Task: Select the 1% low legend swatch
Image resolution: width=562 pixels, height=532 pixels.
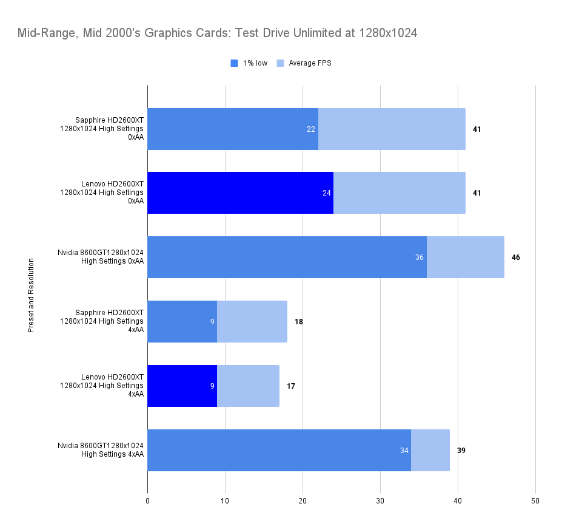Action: pos(235,63)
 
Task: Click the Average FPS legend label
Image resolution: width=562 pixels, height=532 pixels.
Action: pos(310,63)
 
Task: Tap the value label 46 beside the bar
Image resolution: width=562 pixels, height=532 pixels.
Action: pos(515,257)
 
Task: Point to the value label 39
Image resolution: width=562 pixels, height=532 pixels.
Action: pos(461,451)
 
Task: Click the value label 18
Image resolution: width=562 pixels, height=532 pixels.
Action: pos(299,322)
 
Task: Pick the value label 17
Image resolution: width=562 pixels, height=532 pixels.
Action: pos(291,386)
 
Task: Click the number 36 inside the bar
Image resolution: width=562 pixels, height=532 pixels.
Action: pos(420,257)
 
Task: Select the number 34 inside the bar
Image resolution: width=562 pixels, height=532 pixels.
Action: pos(404,451)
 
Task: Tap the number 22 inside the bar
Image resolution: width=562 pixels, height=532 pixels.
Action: pos(311,129)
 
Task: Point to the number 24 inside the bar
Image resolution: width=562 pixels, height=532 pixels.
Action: pos(326,193)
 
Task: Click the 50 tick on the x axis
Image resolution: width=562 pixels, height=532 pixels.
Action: pos(535,501)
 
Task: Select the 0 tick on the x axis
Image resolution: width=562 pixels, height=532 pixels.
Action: pos(147,501)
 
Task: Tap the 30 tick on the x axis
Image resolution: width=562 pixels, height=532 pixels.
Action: pos(380,501)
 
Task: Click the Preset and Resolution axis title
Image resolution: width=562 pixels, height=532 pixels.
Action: pos(30,296)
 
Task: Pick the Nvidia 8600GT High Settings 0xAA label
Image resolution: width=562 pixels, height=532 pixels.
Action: pos(101,257)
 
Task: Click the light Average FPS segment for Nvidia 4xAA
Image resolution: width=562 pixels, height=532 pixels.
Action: pos(430,451)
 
